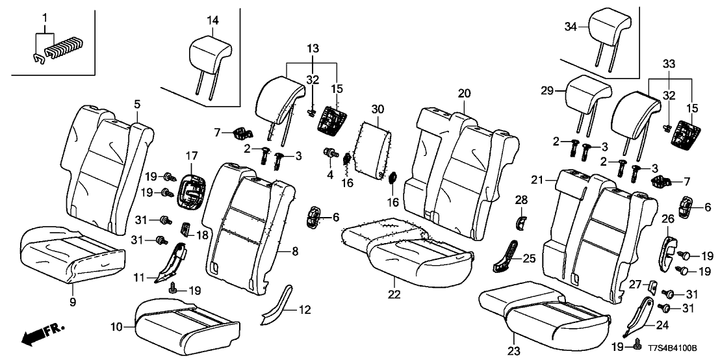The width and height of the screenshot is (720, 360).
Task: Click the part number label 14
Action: tap(212, 21)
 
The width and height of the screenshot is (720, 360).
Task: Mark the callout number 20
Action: tap(463, 93)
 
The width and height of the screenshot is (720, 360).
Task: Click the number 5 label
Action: tap(136, 103)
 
